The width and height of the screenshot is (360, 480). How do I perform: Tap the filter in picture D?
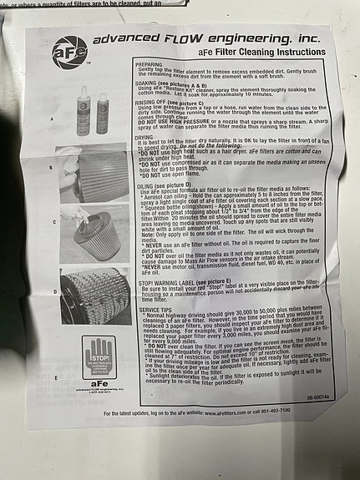(97, 294)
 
